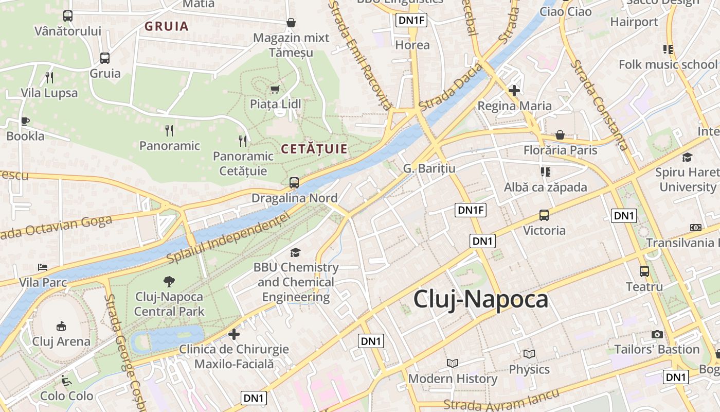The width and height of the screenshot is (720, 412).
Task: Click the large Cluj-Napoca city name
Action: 481,299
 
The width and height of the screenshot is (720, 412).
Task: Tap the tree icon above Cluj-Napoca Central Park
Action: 169,282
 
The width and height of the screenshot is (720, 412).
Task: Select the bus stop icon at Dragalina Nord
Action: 294,182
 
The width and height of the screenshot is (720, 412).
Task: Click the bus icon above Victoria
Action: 544,215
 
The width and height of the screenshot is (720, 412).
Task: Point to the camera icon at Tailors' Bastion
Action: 657,335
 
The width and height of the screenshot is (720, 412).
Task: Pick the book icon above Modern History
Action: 453,364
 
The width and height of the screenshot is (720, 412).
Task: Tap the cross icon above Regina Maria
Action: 514,91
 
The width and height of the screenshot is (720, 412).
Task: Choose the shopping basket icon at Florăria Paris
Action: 560,135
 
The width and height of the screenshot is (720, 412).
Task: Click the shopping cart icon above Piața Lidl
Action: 275,89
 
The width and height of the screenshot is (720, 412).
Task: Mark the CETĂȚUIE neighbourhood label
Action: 314,149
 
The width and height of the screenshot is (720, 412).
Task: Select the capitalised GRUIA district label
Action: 166,26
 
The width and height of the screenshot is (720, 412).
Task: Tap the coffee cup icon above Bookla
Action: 25,122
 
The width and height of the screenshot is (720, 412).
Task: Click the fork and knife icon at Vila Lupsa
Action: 49,78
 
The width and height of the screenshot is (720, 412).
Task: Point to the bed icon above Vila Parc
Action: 43,268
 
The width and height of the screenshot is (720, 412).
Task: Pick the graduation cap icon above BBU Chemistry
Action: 295,252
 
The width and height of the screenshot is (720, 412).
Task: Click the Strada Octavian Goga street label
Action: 57,228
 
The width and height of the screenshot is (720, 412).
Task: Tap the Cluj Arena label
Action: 61,341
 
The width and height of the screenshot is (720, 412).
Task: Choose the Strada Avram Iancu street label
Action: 501,402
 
